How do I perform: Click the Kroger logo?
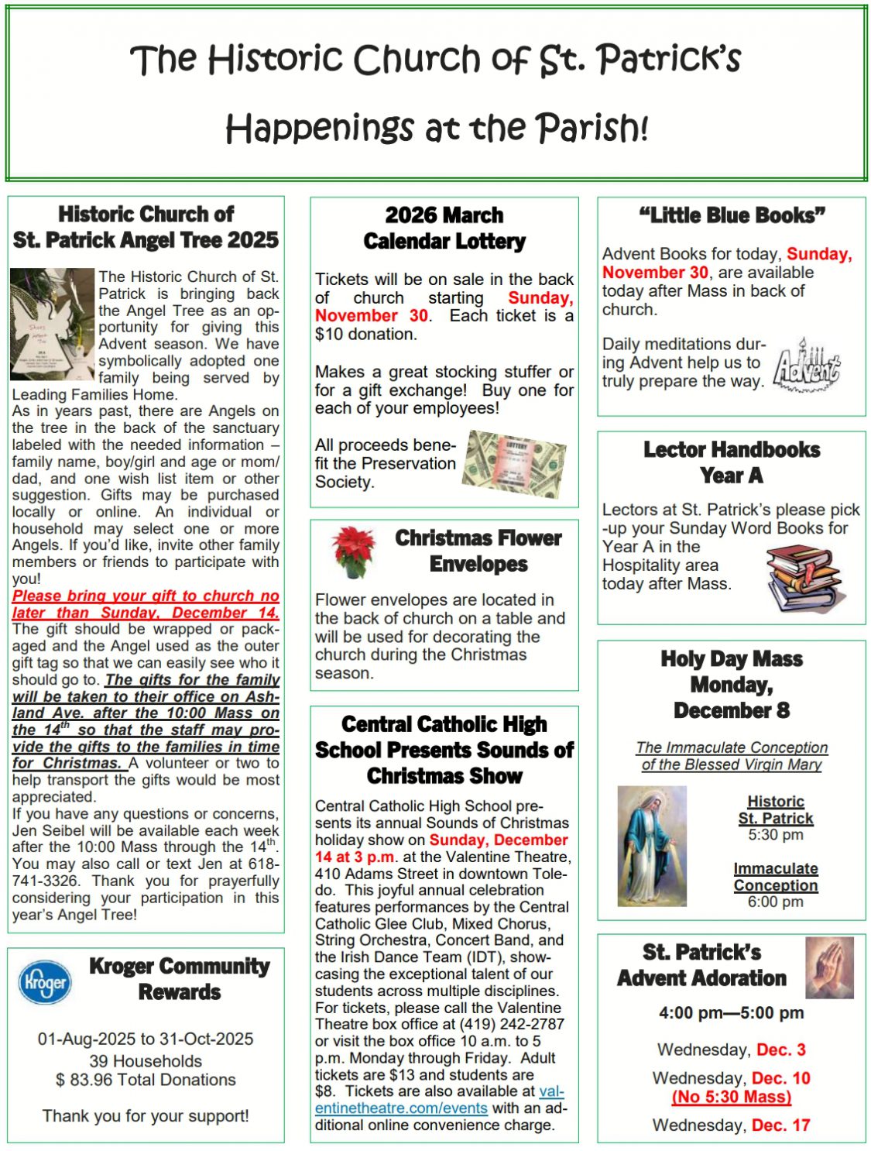(x=45, y=982)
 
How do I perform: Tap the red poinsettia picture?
(x=352, y=551)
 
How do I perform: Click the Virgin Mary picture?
(x=651, y=846)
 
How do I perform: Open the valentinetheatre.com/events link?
(x=440, y=1100)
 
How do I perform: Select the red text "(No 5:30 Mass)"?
(x=732, y=1097)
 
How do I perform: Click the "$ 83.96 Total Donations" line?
(x=146, y=1080)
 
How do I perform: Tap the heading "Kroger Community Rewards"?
(x=180, y=979)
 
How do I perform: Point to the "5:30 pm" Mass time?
(x=776, y=835)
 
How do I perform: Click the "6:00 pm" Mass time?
(x=776, y=902)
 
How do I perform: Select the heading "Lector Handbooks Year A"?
(x=732, y=462)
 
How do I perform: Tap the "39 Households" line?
(x=146, y=1061)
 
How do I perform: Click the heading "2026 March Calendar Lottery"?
(x=444, y=228)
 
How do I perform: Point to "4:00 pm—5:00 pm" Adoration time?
(x=732, y=1012)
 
